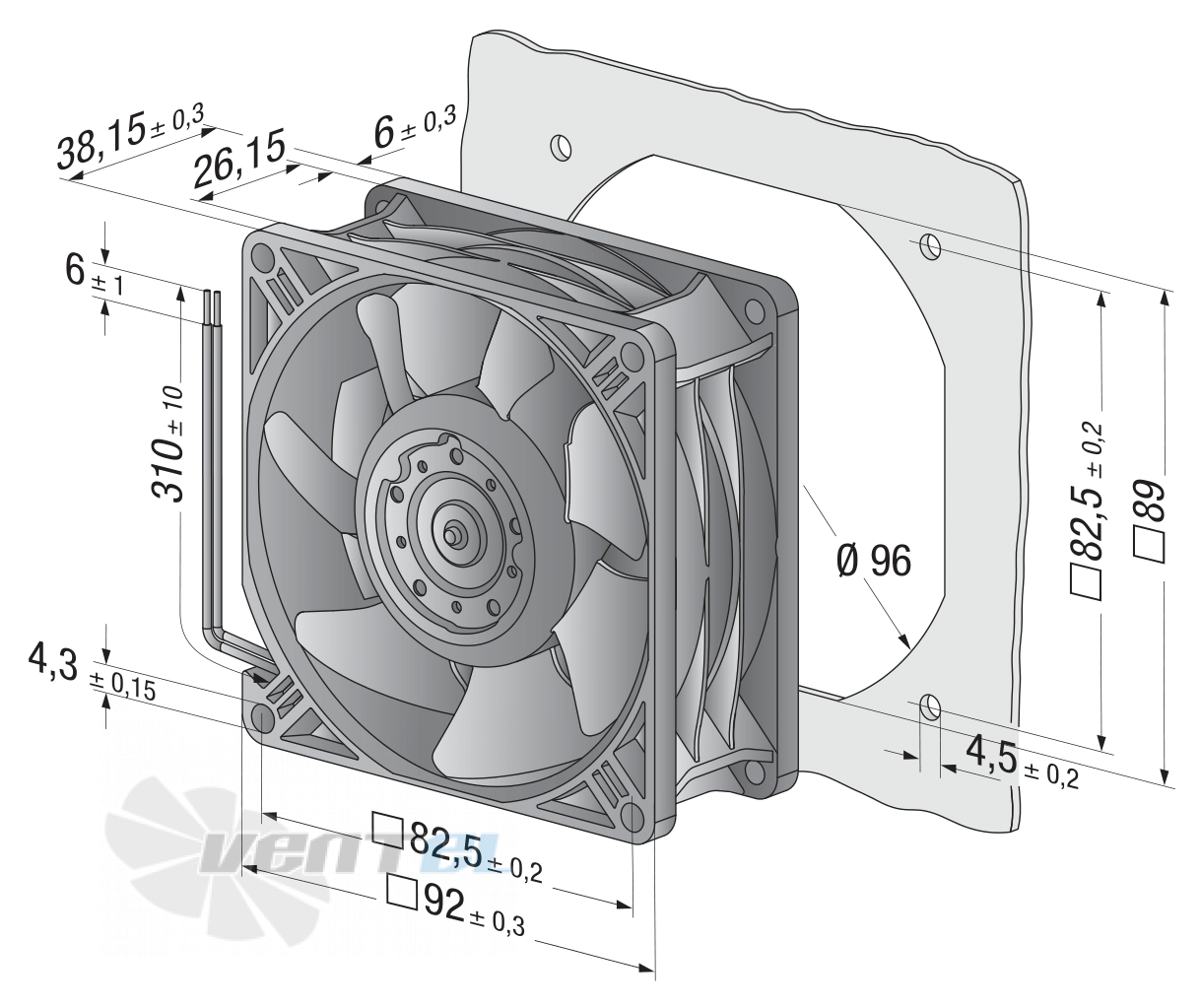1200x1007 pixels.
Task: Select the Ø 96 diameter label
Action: (875, 561)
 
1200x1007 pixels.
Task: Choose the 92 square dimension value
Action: (443, 905)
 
